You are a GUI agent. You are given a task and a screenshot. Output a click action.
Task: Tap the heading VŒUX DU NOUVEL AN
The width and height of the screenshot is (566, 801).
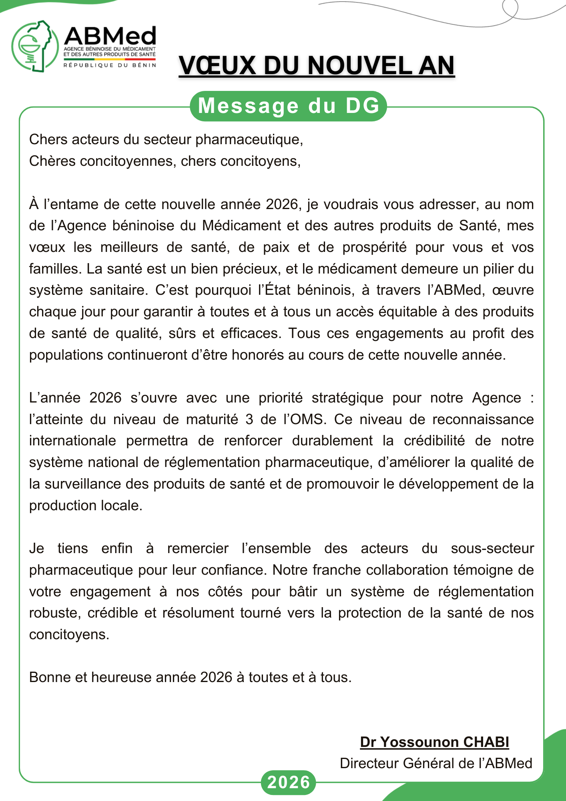pyautogui.click(x=316, y=66)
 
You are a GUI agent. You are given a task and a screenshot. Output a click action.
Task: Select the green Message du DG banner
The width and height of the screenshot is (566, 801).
pyautogui.click(x=288, y=106)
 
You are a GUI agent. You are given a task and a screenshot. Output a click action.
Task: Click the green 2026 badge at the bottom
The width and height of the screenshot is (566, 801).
pyautogui.click(x=288, y=782)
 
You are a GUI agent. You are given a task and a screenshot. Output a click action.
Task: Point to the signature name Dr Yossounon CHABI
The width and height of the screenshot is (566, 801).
pyautogui.click(x=434, y=742)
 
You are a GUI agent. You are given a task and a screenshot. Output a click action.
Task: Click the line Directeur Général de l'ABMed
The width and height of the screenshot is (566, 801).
pyautogui.click(x=436, y=763)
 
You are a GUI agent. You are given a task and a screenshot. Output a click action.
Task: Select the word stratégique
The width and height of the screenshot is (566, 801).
pyautogui.click(x=347, y=398)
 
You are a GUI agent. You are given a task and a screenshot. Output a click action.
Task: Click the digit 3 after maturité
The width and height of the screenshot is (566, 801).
pyautogui.click(x=249, y=420)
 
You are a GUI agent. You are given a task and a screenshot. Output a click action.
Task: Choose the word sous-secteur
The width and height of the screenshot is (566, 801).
pyautogui.click(x=492, y=549)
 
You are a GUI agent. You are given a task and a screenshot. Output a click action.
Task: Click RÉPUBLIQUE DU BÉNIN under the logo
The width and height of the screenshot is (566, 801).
pyautogui.click(x=110, y=65)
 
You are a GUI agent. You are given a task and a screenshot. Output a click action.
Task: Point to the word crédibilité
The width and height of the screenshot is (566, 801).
pyautogui.click(x=434, y=441)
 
